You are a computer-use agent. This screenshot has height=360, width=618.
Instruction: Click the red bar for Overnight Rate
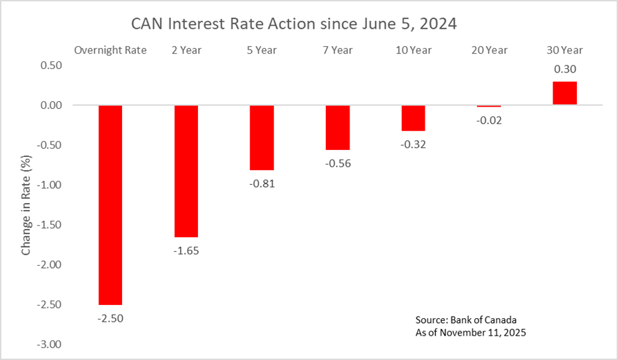110,204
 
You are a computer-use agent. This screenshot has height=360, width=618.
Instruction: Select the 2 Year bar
186,171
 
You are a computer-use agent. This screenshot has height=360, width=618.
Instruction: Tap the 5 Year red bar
262,137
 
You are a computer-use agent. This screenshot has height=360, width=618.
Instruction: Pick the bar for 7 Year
338,128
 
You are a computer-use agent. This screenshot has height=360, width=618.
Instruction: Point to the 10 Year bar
413,118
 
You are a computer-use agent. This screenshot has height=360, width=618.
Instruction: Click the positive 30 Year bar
564,93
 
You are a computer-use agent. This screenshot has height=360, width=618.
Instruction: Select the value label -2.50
110,318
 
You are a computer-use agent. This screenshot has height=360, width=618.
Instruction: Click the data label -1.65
186,250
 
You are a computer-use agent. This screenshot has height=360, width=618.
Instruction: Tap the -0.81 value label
262,183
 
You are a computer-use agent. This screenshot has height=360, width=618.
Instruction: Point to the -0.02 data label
489,120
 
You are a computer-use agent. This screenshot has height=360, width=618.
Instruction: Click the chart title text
294,24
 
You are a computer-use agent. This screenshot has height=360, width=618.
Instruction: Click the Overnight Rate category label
110,50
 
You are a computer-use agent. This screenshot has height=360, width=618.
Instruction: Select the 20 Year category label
489,50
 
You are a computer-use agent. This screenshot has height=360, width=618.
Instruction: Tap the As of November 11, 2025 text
471,333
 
